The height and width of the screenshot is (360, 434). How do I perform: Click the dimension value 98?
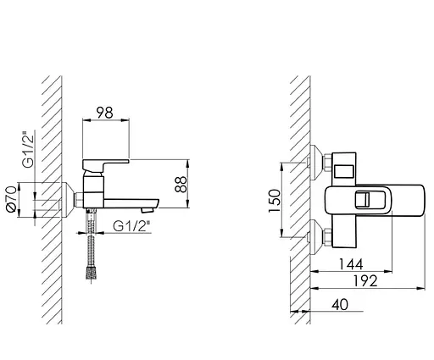[x=104, y=113]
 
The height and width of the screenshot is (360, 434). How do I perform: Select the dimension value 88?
[x=181, y=185]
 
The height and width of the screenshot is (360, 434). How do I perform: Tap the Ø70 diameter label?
[x=12, y=199]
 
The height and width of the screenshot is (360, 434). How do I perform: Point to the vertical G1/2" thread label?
[x=28, y=149]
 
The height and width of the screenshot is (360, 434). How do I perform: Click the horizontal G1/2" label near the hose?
[x=131, y=226]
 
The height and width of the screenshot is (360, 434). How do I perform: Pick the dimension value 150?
[x=275, y=201]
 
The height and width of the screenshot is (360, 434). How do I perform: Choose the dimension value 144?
[x=351, y=264]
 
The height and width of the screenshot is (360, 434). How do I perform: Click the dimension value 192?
[x=365, y=281]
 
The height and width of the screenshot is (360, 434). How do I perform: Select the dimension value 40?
[x=340, y=305]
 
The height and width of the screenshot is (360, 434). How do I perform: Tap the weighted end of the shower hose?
[x=91, y=273]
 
